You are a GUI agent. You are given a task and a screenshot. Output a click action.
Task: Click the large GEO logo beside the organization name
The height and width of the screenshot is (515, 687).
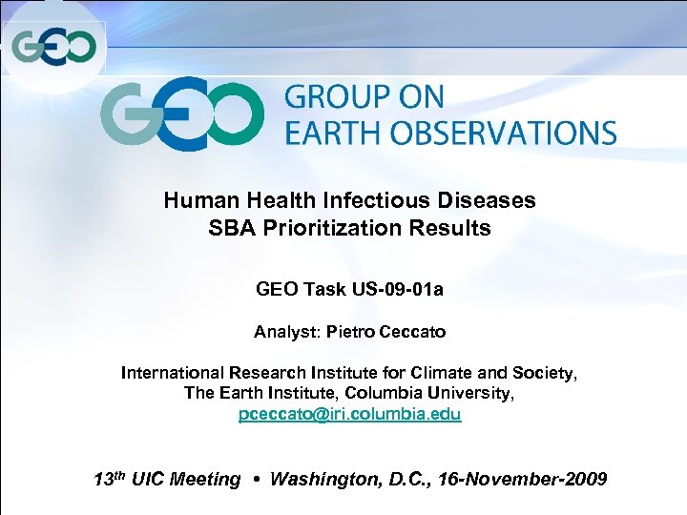pyautogui.click(x=181, y=114)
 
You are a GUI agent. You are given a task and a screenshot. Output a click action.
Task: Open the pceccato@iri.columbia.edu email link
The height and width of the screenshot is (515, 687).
pyautogui.click(x=349, y=415)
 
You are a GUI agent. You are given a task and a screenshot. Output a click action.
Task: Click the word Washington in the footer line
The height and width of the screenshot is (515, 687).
pyautogui.click(x=326, y=479)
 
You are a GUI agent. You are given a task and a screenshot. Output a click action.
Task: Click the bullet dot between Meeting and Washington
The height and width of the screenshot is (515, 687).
pyautogui.click(x=256, y=479)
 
